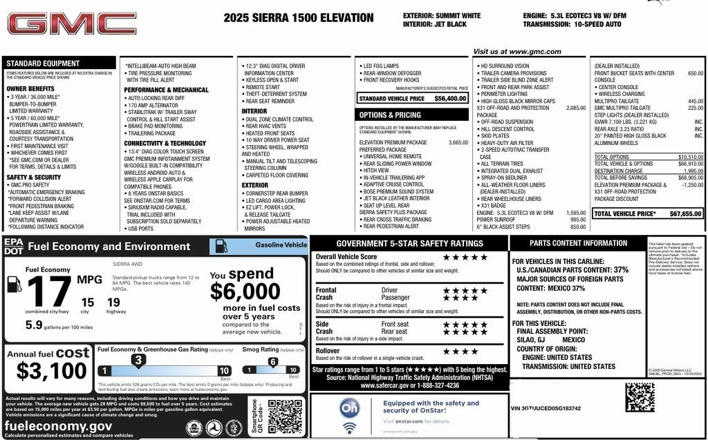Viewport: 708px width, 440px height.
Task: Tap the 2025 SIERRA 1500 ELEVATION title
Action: pyautogui.click(x=298, y=19)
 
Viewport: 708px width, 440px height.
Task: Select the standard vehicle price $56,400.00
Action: pyautogui.click(x=450, y=99)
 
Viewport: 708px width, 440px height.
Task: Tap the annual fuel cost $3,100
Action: pyautogui.click(x=53, y=371)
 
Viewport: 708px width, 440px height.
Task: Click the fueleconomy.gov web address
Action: pyautogui.click(x=59, y=426)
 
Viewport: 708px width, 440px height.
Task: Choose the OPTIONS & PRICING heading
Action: pyautogui.click(x=390, y=115)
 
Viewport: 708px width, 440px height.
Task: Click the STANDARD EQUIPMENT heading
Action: pyautogui.click(x=43, y=63)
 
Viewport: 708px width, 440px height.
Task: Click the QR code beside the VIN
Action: pyautogui.click(x=640, y=397)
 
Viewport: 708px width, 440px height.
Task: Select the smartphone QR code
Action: pyautogui.click(x=284, y=417)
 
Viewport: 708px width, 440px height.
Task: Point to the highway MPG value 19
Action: pyautogui.click(x=113, y=302)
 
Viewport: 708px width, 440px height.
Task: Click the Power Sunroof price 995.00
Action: pyautogui.click(x=577, y=220)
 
